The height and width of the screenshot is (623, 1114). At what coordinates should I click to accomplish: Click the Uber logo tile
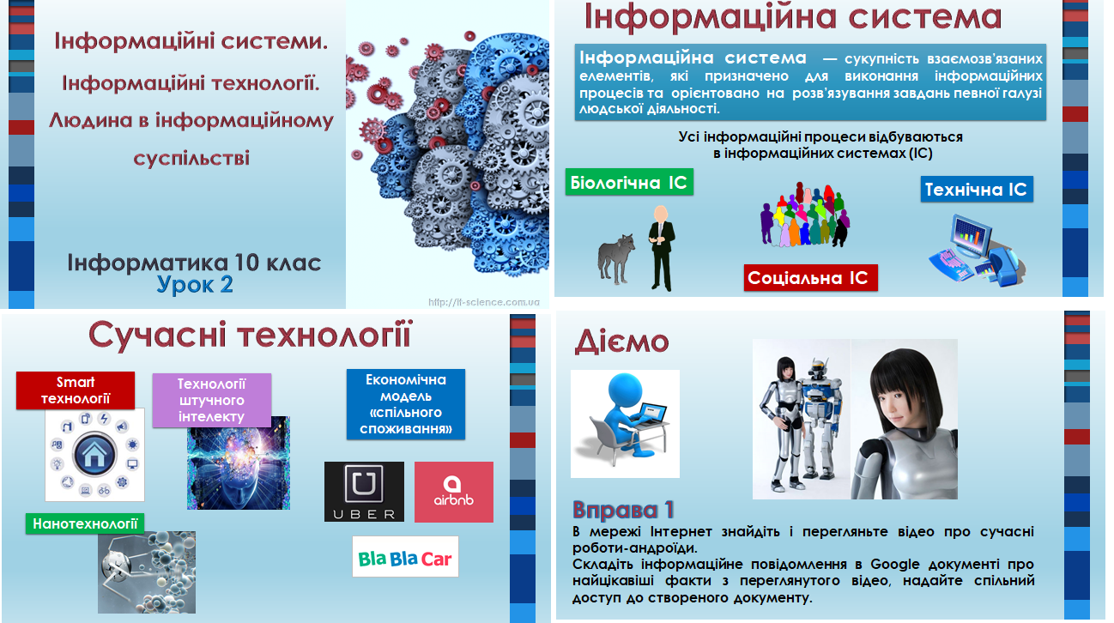point(364,492)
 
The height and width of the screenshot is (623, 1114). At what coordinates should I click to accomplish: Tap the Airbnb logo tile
point(453,492)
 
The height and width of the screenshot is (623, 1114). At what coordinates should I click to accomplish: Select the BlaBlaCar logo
point(405,558)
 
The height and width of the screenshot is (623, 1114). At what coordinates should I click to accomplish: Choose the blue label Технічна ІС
point(977,190)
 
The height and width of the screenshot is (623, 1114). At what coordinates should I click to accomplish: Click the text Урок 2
point(195,284)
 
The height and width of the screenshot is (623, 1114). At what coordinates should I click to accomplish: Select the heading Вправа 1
point(623,510)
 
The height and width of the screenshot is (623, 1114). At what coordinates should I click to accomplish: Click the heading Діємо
point(621,341)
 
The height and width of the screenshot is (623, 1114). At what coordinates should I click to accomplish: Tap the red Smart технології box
point(76,390)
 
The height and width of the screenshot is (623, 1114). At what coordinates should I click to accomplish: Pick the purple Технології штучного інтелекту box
point(211,401)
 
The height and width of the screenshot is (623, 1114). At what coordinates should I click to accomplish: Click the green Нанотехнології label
point(85,523)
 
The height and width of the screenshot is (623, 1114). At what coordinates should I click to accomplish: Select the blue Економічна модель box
point(406,404)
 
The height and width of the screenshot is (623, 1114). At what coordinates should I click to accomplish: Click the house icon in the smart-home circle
point(94,455)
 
